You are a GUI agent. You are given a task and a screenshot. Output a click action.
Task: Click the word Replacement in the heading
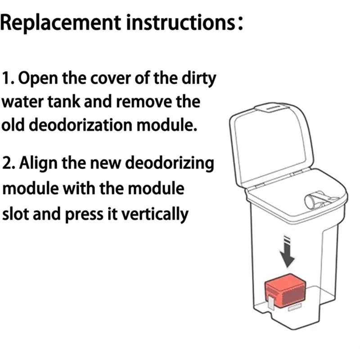(61, 23)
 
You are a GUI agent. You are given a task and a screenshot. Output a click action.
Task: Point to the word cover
(111, 79)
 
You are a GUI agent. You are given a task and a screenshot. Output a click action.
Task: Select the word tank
(64, 102)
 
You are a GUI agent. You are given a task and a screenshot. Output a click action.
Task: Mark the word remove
(144, 103)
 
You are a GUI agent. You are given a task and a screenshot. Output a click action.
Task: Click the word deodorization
(81, 125)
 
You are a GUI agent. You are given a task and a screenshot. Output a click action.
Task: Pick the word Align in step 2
(39, 163)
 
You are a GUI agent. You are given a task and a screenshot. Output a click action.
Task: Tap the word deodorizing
(170, 163)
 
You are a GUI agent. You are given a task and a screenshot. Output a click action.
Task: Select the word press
(84, 215)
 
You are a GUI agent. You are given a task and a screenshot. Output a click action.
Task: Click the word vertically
(155, 214)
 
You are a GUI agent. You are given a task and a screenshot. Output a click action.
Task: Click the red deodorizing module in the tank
(285, 291)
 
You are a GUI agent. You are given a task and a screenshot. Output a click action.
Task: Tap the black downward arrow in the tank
(287, 251)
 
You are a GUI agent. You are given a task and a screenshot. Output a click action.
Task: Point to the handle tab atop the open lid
(271, 108)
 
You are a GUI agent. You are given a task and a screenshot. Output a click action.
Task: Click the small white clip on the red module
(271, 303)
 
